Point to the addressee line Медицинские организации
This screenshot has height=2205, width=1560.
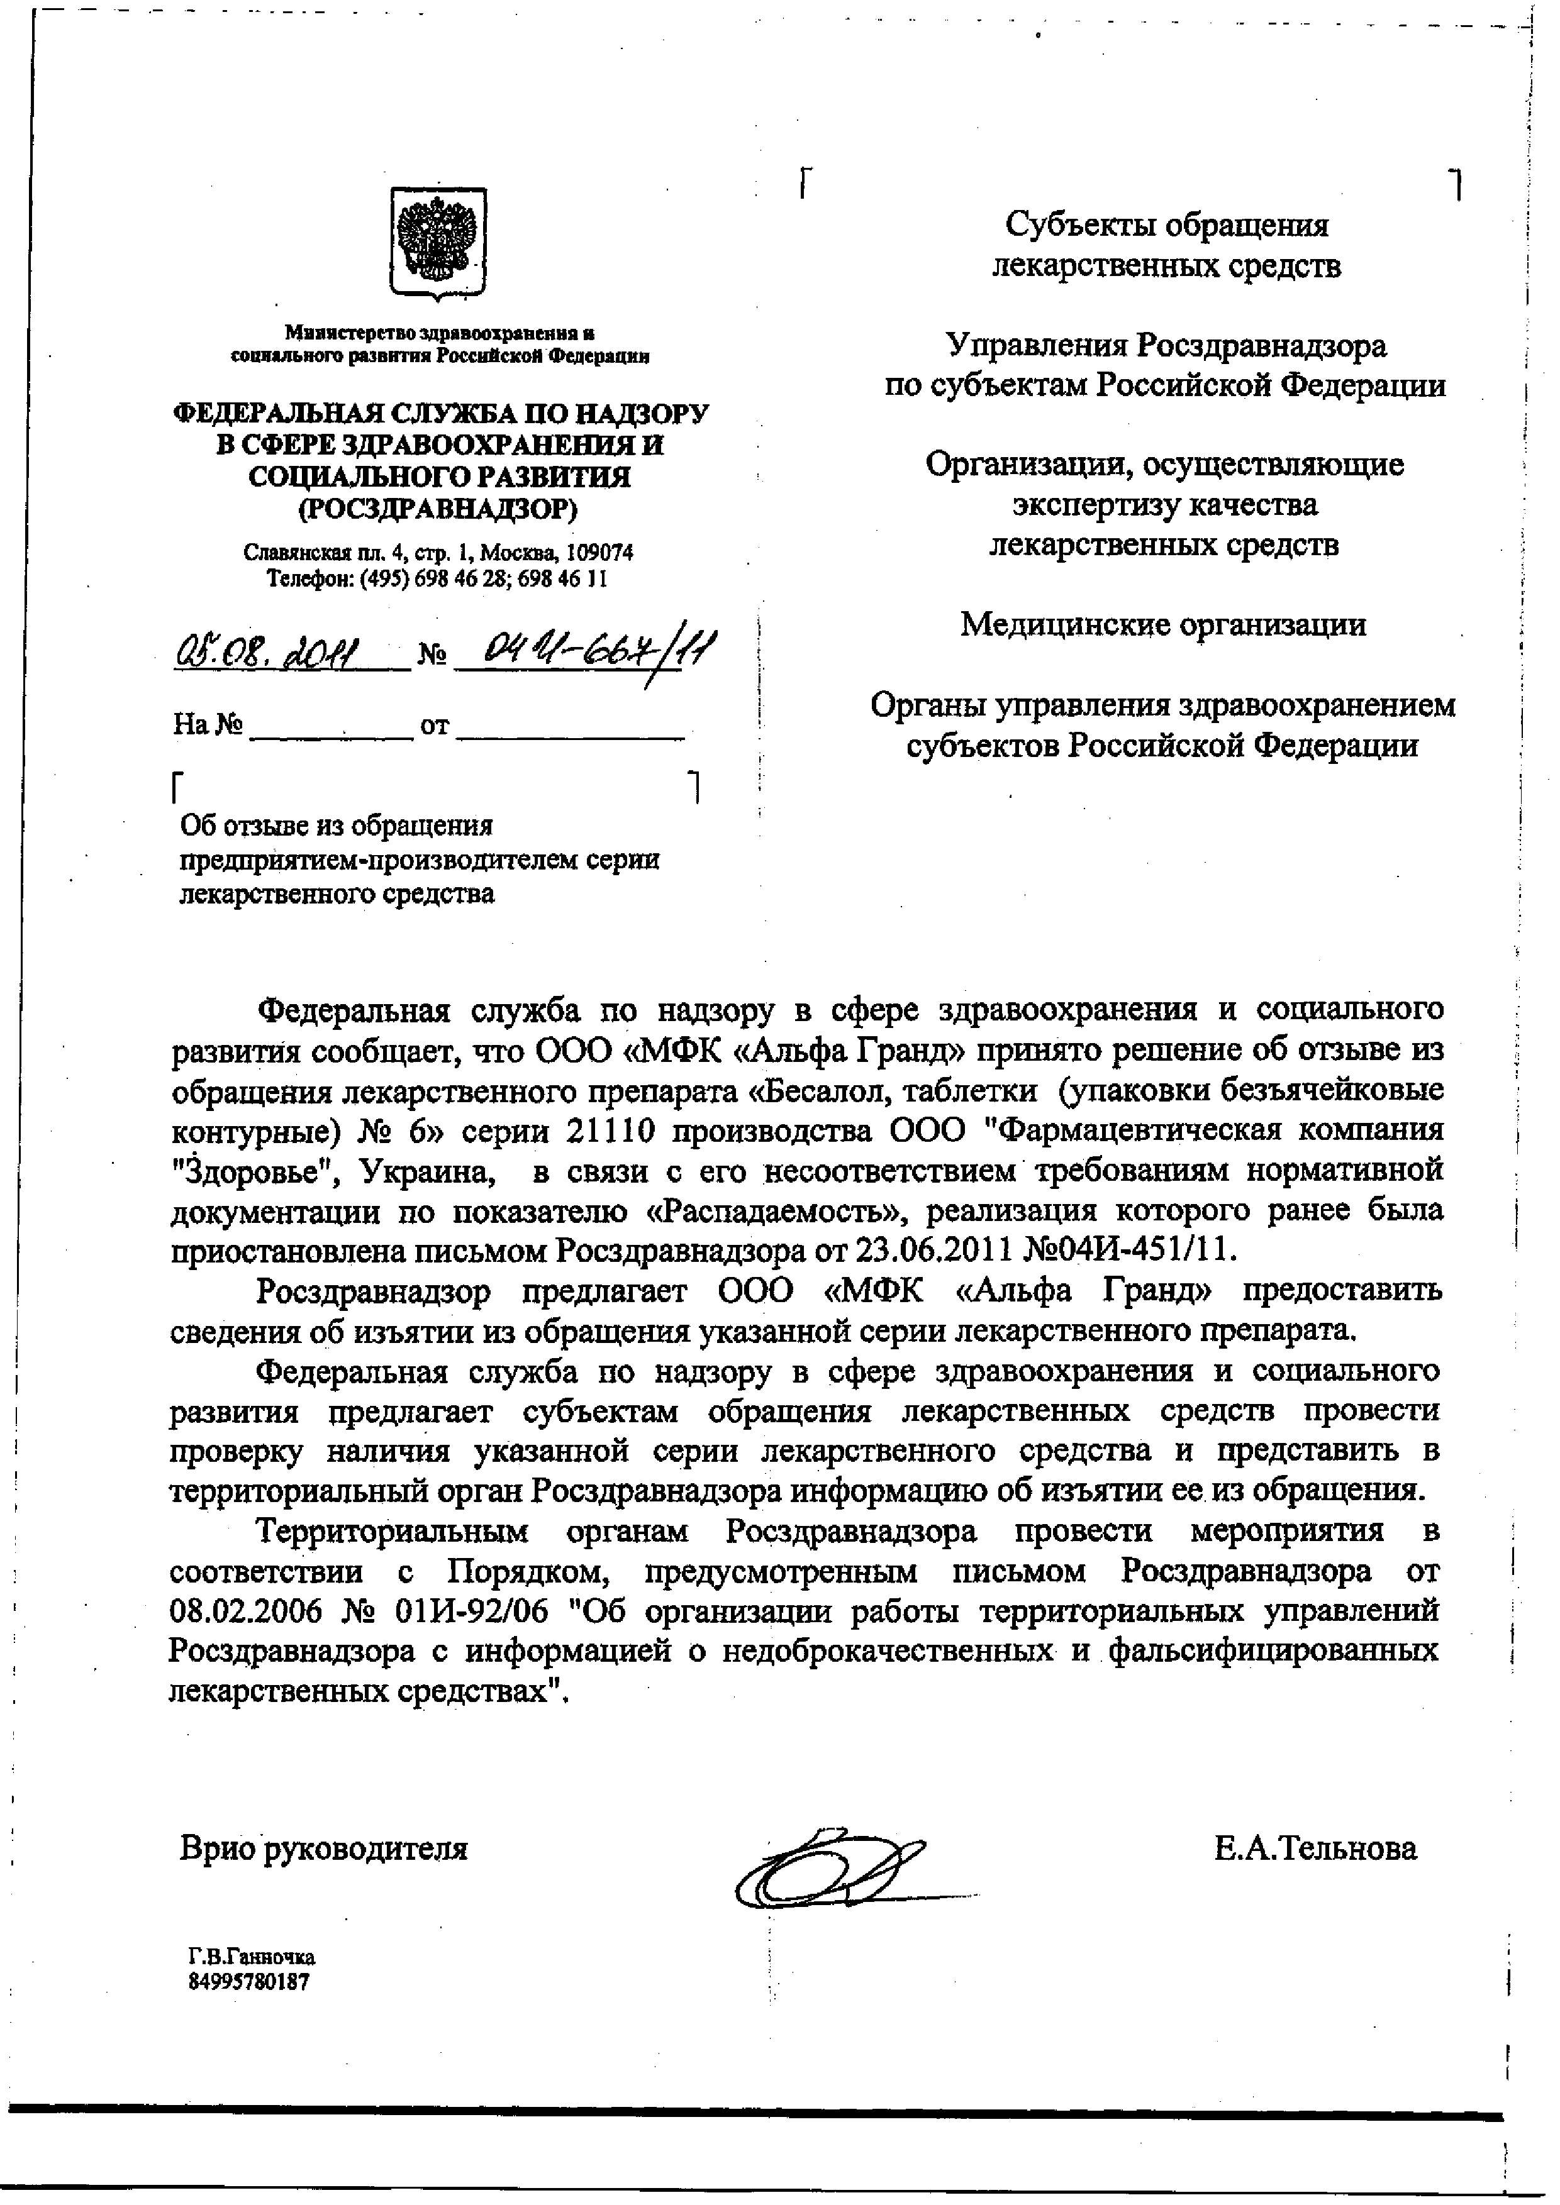coord(1163,625)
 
